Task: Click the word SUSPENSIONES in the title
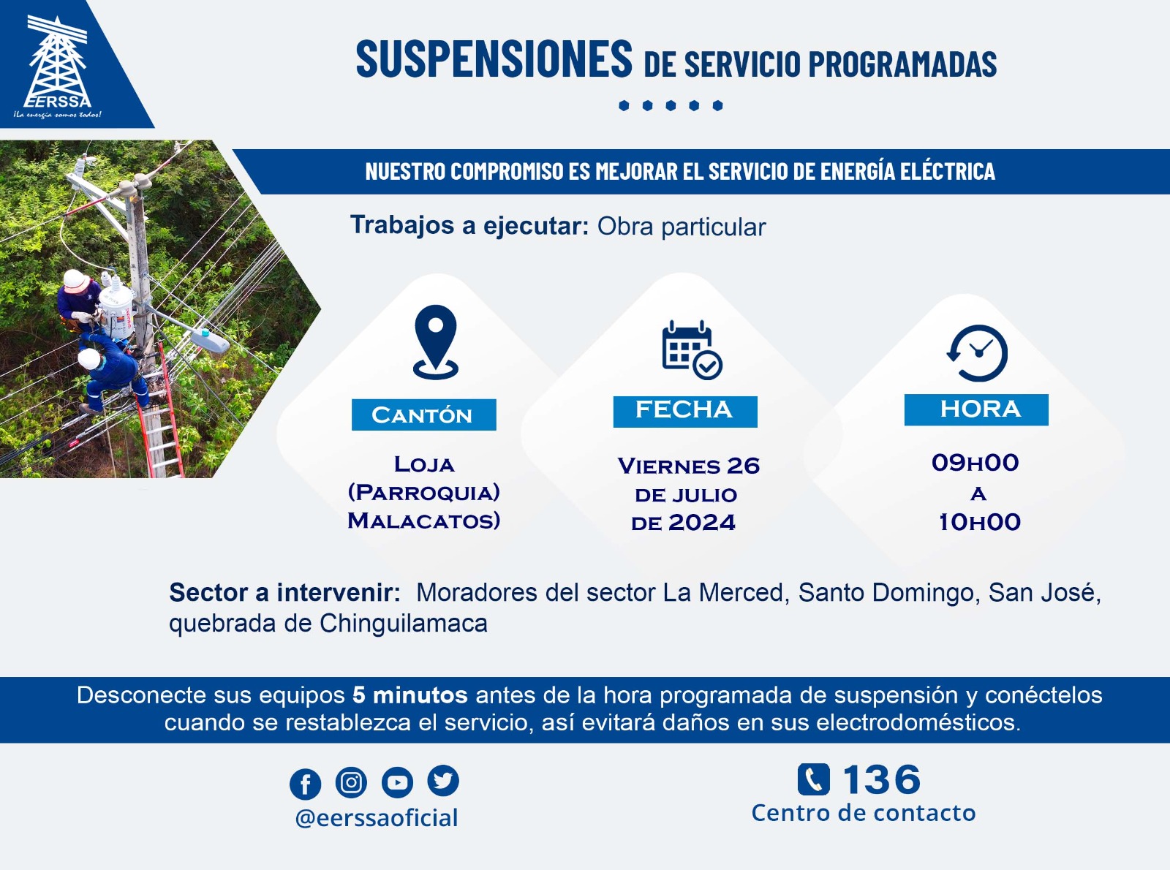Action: (494, 58)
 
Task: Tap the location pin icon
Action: (436, 342)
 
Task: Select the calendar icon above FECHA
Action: (692, 349)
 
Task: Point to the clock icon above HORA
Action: (978, 353)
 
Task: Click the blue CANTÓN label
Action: (423, 415)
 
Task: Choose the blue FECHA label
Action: (685, 412)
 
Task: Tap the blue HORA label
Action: (976, 409)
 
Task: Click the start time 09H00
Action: (975, 463)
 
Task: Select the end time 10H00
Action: (980, 522)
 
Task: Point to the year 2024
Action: (701, 522)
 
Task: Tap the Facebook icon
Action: (305, 784)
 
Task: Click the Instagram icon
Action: (351, 782)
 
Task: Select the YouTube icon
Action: (397, 782)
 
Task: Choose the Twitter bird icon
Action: (443, 781)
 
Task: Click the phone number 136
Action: (881, 779)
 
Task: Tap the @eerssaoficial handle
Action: (377, 818)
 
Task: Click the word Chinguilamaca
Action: (404, 624)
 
